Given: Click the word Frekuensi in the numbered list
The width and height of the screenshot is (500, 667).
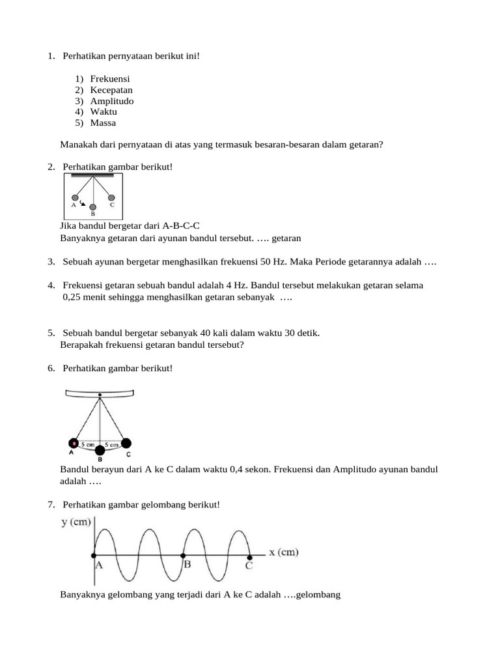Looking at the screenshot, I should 111,79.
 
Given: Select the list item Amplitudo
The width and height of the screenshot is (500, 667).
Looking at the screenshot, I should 112,101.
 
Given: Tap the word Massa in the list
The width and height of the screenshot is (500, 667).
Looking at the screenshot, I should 104,122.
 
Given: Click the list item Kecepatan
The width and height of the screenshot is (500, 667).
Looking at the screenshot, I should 111,90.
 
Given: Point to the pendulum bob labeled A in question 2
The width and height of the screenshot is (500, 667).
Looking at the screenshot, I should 76,197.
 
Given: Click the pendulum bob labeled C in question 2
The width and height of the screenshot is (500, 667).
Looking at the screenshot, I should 111,197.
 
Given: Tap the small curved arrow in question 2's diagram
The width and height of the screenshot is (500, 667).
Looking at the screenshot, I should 82,203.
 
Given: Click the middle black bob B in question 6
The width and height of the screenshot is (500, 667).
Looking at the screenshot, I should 100,450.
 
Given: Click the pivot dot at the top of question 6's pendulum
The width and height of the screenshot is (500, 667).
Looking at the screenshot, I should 100,395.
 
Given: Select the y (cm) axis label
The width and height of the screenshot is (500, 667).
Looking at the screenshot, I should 76,523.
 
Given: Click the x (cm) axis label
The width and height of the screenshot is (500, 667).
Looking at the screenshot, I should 284,552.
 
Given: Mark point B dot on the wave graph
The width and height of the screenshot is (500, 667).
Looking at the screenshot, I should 182,556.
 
